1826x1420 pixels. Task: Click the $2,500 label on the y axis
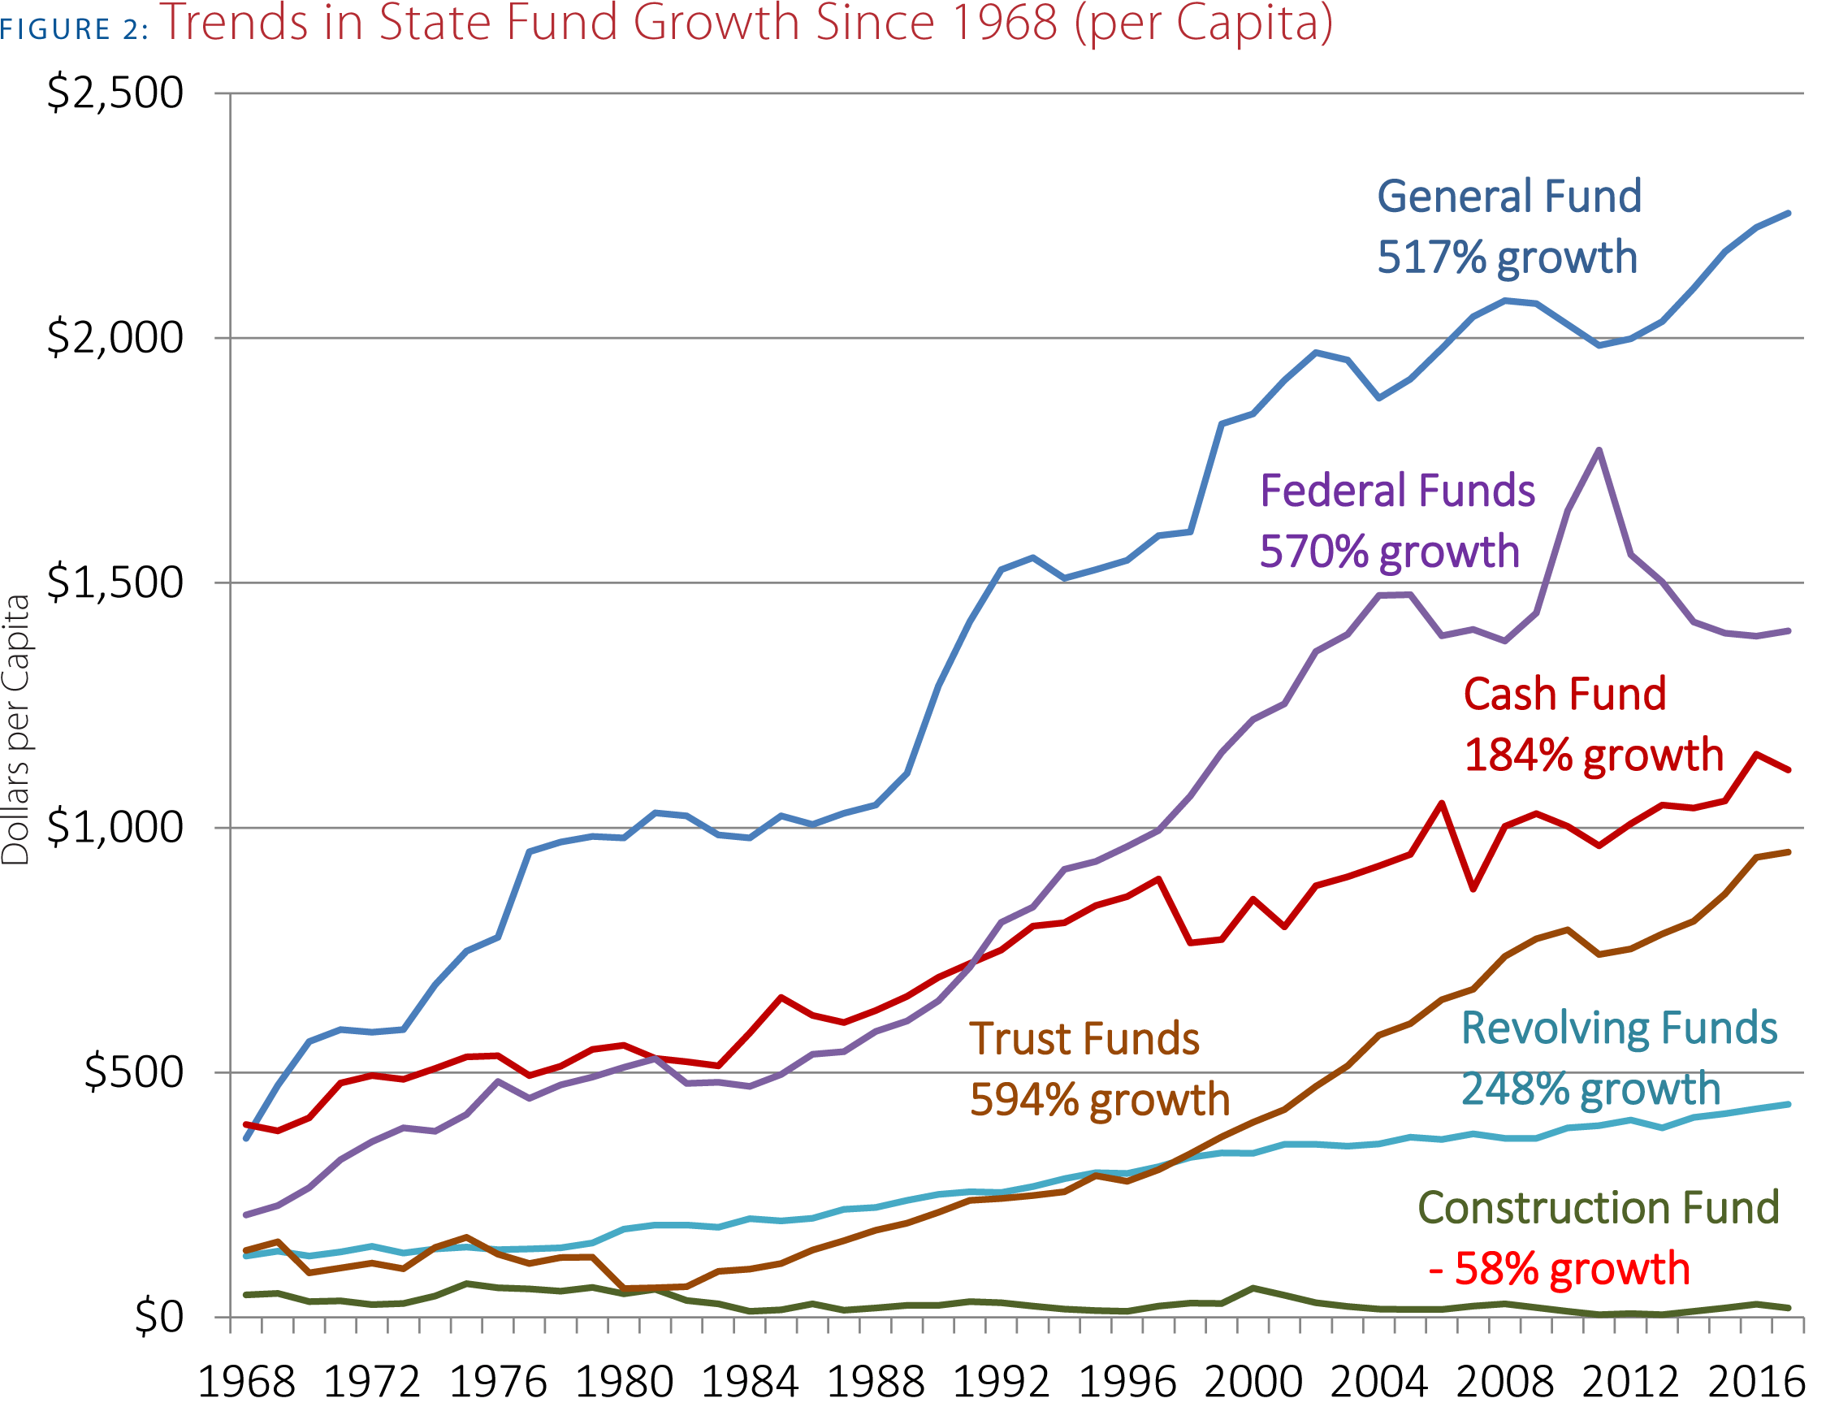(x=115, y=93)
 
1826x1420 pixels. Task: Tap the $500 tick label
(x=133, y=1072)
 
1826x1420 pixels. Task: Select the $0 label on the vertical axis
(x=159, y=1317)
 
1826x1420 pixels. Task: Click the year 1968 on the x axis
(x=246, y=1382)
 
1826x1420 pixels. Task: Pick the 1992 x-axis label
(x=1001, y=1382)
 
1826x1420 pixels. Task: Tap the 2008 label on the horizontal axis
(x=1505, y=1382)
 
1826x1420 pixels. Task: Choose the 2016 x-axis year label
(x=1756, y=1382)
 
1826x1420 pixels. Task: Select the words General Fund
(x=1509, y=197)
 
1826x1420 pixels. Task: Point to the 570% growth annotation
(x=1389, y=552)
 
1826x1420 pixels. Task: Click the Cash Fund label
(x=1564, y=694)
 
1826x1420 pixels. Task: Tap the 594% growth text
(x=1100, y=1100)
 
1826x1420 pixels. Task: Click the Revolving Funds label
(x=1619, y=1028)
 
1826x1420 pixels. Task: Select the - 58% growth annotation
(x=1560, y=1269)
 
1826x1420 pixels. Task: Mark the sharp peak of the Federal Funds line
(x=1599, y=450)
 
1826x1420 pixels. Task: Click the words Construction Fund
(x=1598, y=1208)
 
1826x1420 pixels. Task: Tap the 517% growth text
(x=1507, y=258)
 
